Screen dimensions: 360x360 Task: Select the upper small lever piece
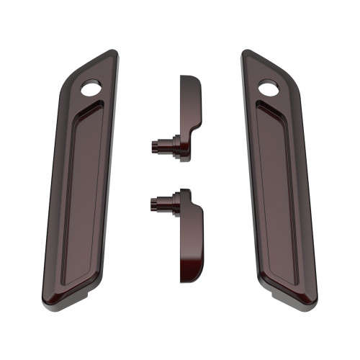pos(188,115)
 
